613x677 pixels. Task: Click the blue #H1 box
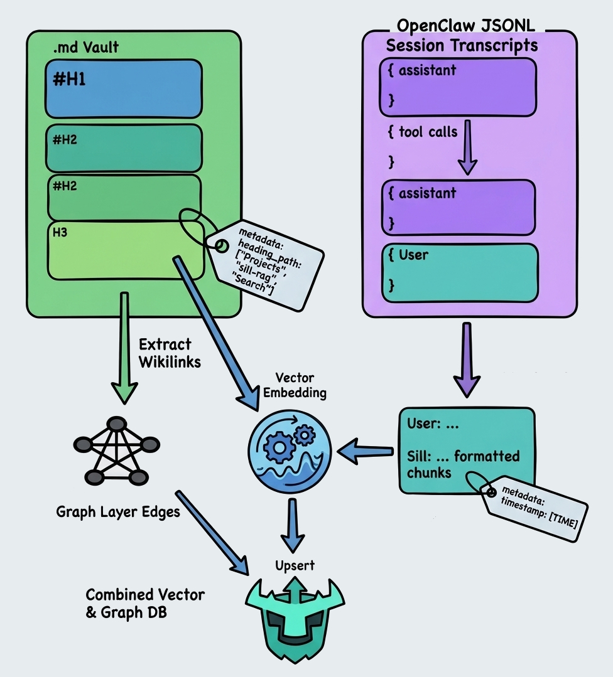123,88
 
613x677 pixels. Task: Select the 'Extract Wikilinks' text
170,353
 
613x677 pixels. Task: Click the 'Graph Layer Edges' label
118,511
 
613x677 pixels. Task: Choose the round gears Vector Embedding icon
289,450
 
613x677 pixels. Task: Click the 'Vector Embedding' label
294,386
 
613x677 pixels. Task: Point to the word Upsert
295,565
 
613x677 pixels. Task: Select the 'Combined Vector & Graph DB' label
144,604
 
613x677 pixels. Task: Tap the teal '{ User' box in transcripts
458,272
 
